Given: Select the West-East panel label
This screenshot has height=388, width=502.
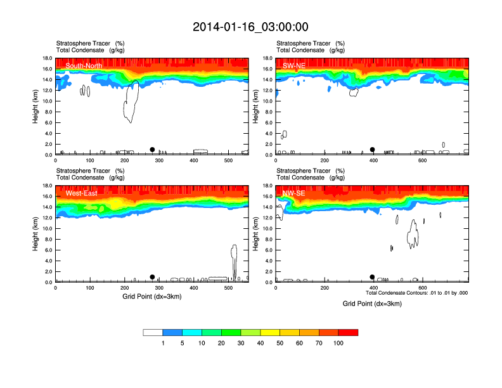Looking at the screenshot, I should click(81, 193).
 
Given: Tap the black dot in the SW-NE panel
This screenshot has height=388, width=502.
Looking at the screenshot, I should click(373, 150).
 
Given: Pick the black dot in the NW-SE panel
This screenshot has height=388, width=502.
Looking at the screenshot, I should click(373, 277).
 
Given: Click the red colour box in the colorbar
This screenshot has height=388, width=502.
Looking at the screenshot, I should click(348, 332).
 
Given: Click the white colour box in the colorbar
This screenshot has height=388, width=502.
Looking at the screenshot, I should click(153, 332).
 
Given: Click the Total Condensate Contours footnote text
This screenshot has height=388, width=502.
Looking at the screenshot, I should click(416, 293).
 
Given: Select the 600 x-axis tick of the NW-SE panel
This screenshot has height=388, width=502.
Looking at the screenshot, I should click(422, 288).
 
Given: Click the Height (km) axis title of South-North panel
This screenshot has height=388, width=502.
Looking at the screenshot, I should click(37, 107).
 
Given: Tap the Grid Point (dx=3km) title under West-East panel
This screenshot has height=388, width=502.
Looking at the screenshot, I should click(151, 296).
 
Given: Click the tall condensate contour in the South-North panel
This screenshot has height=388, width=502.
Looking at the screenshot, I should click(132, 101).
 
